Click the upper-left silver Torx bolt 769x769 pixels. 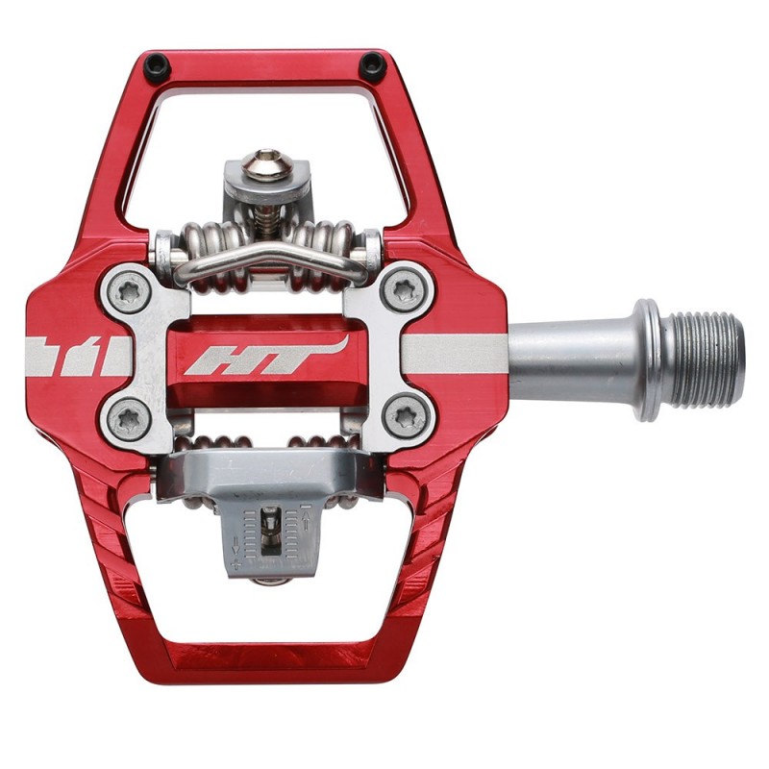[x=127, y=292]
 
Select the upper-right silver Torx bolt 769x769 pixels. [x=402, y=289]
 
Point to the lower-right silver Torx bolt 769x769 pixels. [x=401, y=416]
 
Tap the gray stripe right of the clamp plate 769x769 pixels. [x=461, y=355]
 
